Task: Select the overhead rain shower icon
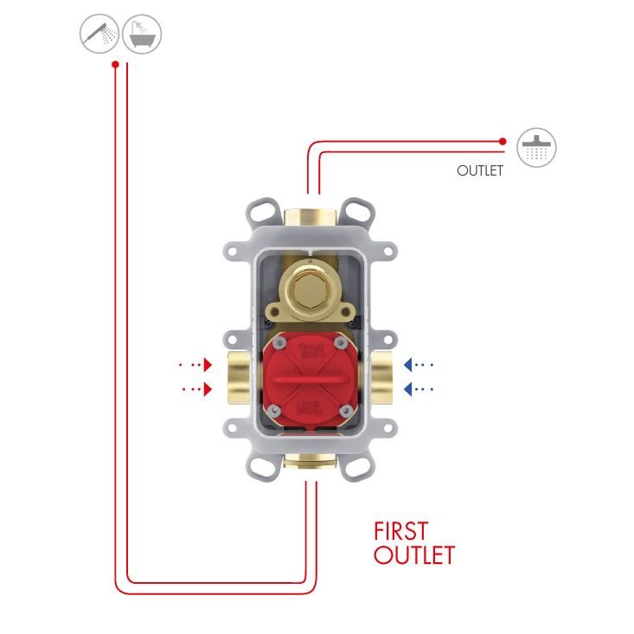pyautogui.click(x=536, y=148)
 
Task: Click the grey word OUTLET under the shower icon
pyautogui.click(x=480, y=171)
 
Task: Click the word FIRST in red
pyautogui.click(x=400, y=530)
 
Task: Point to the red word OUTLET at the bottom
pyautogui.click(x=413, y=555)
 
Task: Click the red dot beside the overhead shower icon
pyautogui.click(x=503, y=140)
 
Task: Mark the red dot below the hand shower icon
pyautogui.click(x=115, y=64)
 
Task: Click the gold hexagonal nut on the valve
pyautogui.click(x=306, y=287)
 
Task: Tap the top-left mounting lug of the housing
pyautogui.click(x=257, y=210)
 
